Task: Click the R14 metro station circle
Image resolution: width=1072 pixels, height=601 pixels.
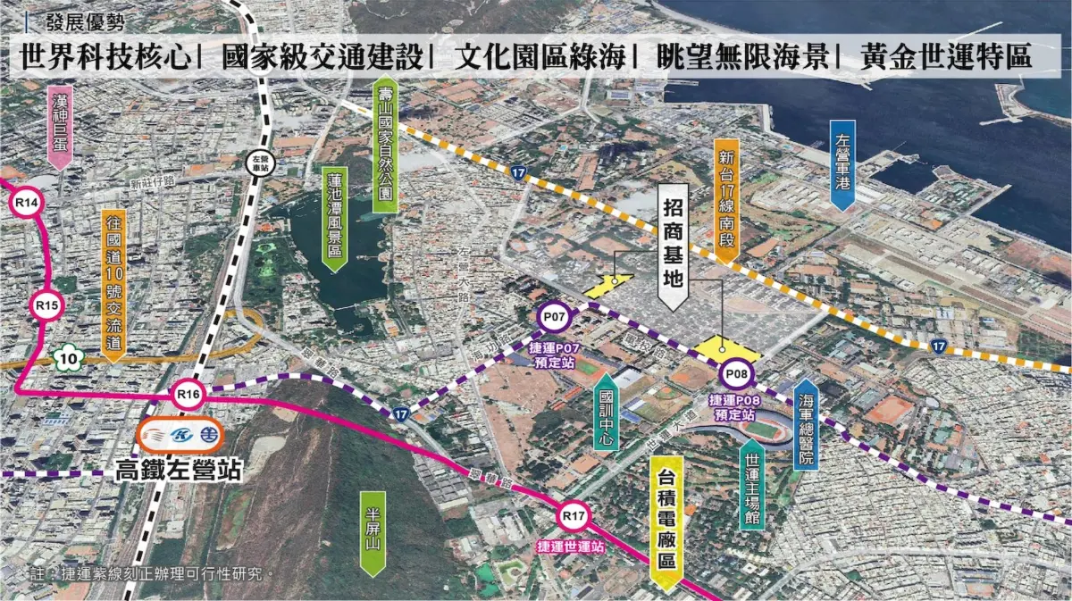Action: click(26, 204)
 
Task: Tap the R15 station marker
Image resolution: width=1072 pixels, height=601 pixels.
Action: click(47, 306)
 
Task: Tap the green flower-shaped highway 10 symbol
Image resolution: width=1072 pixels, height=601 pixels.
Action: click(68, 359)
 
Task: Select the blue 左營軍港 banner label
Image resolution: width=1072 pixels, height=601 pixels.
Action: click(842, 164)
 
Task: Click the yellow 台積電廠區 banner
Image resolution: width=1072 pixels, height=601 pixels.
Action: click(666, 522)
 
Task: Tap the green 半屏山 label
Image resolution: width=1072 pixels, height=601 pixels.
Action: click(373, 533)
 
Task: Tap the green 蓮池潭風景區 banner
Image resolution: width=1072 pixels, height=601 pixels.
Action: click(334, 215)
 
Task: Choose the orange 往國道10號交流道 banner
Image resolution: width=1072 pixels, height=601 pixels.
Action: click(113, 283)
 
